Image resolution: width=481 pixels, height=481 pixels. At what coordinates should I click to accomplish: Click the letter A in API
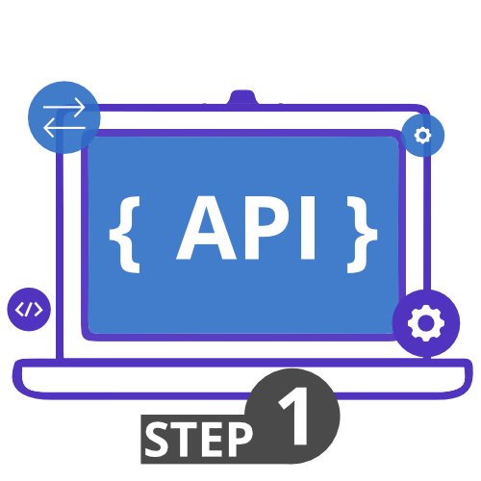coord(207,227)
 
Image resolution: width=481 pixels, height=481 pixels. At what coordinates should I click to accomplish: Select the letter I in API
coord(308,227)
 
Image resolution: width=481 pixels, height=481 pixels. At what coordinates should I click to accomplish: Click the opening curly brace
coord(125,235)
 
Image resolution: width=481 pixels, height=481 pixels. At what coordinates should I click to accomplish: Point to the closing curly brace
coord(362,235)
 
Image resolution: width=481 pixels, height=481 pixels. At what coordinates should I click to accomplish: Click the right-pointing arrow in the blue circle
coord(64,108)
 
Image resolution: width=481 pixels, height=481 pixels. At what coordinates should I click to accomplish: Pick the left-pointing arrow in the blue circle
coord(64,128)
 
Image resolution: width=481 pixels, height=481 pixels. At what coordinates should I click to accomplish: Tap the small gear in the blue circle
coord(422,136)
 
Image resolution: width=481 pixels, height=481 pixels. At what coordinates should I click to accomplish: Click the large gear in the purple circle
coord(426,323)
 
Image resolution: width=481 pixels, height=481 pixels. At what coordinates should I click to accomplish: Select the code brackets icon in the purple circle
coord(29,310)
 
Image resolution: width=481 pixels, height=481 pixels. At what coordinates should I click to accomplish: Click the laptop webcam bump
coord(242,97)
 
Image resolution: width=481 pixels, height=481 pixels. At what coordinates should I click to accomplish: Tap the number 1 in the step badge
coord(294,416)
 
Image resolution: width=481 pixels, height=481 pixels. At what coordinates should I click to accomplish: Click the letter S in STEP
coord(157,439)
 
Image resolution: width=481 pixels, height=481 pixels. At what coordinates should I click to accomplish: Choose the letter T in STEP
coord(186,440)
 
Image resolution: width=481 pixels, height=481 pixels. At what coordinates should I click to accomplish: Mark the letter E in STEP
coord(212,440)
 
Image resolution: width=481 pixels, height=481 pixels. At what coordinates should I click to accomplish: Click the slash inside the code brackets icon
coord(29,310)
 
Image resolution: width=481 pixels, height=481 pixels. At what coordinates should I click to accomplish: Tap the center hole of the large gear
coord(426,323)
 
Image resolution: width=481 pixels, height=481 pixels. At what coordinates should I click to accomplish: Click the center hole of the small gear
coord(422,136)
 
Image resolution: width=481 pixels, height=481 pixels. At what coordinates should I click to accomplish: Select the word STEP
coord(199,440)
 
